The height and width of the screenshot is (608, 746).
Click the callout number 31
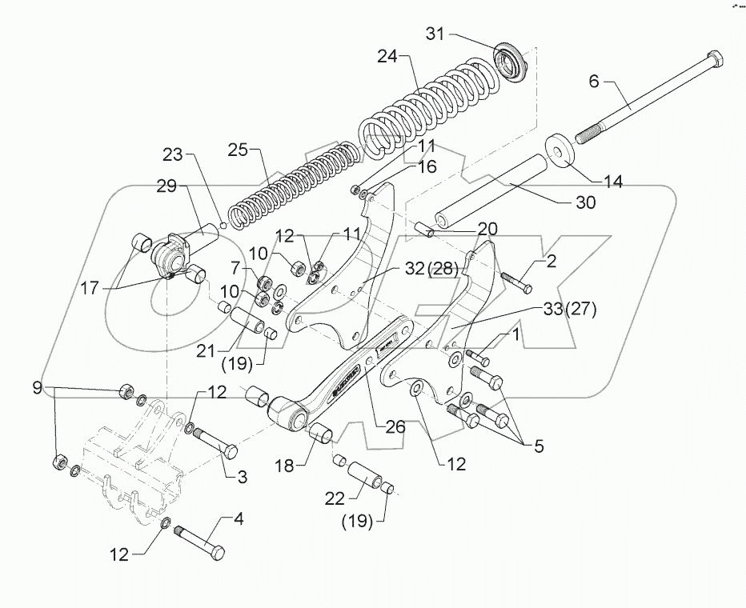coord(435,34)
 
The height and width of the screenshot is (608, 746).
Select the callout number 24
coord(388,57)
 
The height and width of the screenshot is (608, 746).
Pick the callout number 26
coord(395,427)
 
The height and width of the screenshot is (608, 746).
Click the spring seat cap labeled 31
coord(508,61)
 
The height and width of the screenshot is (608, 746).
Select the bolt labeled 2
coord(516,281)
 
